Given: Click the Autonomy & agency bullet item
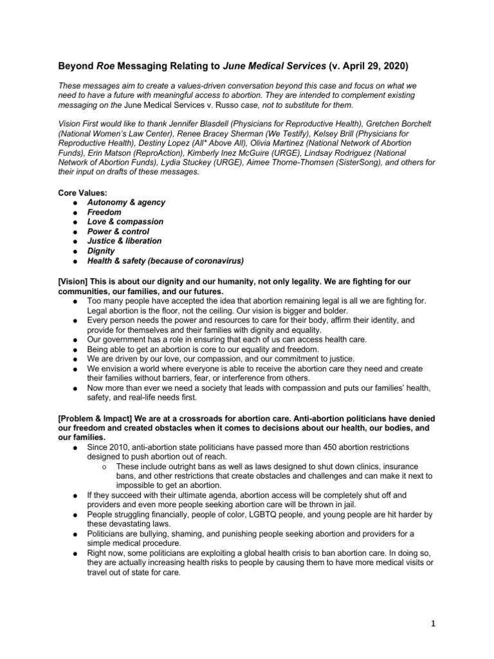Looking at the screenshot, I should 126,202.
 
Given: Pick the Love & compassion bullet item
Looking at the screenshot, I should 125,221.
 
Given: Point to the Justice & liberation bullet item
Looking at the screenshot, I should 125,241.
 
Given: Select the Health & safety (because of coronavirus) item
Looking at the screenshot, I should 165,261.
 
